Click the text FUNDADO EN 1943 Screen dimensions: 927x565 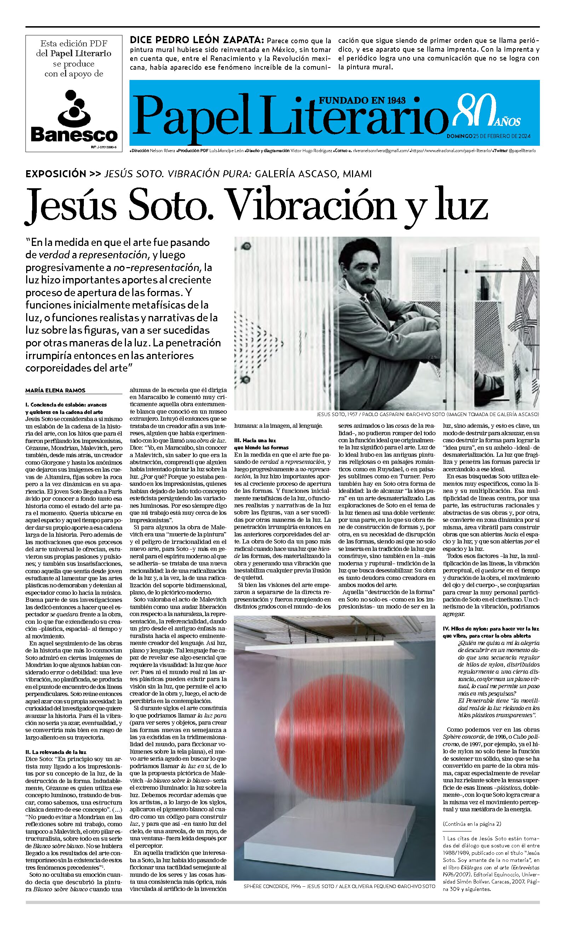click(x=362, y=100)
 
